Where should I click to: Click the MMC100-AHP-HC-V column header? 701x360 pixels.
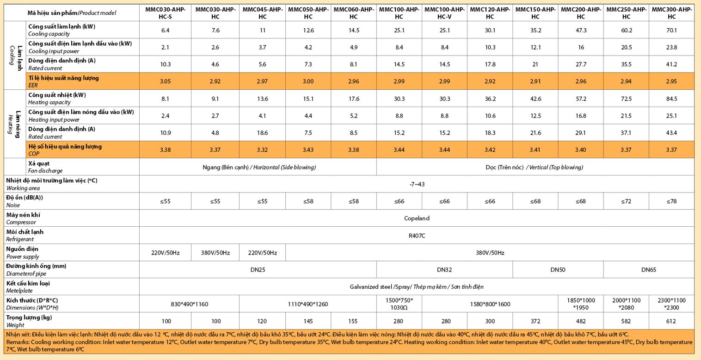coord(444,13)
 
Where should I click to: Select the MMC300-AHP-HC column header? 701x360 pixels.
coord(671,13)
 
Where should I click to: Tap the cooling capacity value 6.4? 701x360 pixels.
coord(165,31)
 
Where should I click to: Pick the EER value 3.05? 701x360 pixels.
coord(165,81)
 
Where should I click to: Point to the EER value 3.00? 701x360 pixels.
coord(308,81)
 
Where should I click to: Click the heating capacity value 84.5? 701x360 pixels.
coord(671,99)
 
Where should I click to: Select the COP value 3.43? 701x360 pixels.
coord(308,150)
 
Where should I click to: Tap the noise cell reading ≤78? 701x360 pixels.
coord(671,201)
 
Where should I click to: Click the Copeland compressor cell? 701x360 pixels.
coord(417,218)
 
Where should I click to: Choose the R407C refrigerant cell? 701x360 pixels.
coord(417,236)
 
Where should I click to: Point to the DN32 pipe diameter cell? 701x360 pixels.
coord(444,270)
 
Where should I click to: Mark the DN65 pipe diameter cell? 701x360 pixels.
coord(648,270)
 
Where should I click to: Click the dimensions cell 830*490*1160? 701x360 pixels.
coord(190,304)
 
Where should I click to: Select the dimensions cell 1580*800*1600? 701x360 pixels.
coord(490,304)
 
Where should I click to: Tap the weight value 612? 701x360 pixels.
coord(671,321)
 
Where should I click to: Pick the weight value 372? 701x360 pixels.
coord(535,321)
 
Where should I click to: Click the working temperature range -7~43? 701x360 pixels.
coord(417,184)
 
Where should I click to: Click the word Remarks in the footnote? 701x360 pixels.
coord(17,342)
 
